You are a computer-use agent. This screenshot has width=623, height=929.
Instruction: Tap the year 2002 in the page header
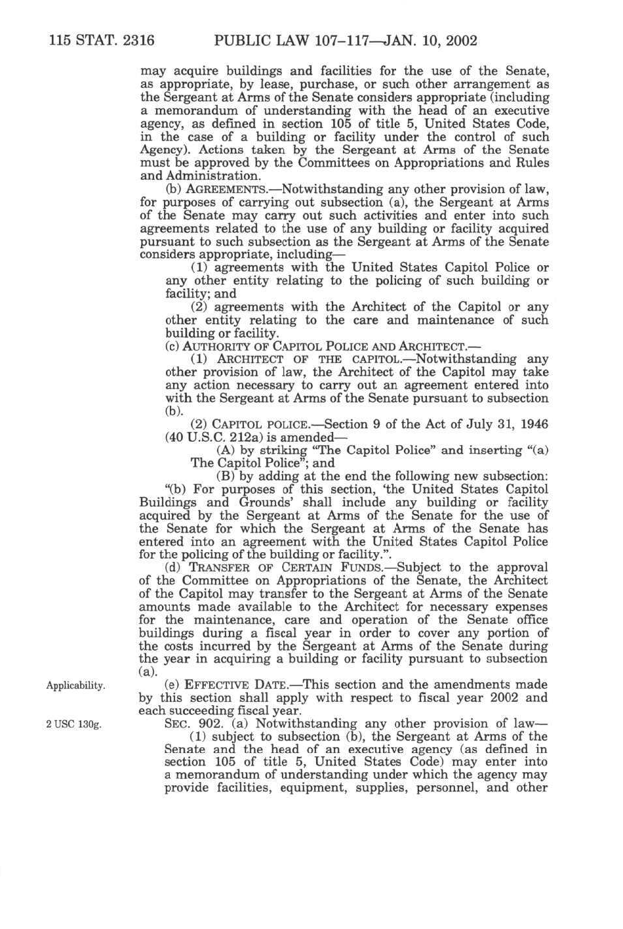tap(458, 41)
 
